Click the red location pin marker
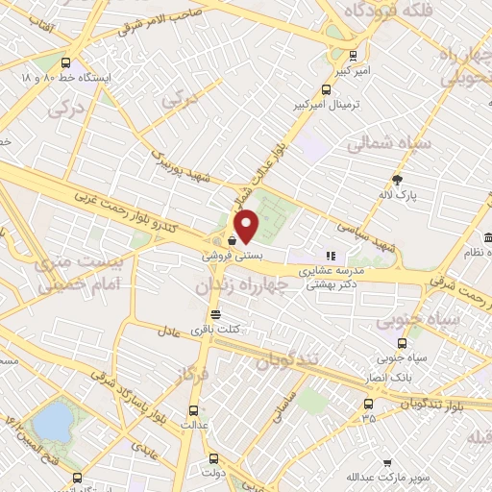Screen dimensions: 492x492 point(248,225)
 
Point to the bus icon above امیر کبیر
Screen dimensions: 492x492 point(353,55)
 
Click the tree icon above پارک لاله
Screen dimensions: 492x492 point(397,179)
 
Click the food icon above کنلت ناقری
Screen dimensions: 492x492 point(215,314)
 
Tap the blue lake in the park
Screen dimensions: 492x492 point(52,419)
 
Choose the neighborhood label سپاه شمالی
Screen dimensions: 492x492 point(388,144)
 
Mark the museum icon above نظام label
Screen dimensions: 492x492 point(486,237)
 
